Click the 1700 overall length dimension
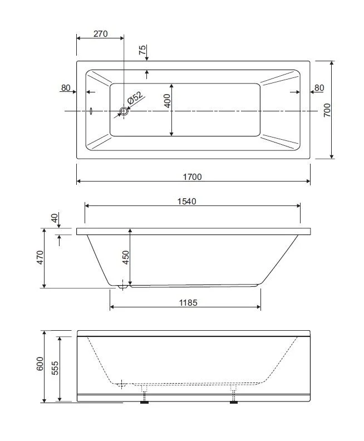[x=192, y=177]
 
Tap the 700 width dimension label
[x=327, y=110]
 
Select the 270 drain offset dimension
[x=100, y=34]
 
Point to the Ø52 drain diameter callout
[x=135, y=97]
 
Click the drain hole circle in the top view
[x=124, y=111]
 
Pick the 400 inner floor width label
[x=167, y=101]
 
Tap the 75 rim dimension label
[x=142, y=50]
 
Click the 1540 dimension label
[x=186, y=202]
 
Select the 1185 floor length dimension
[x=188, y=302]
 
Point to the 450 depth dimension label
[x=126, y=257]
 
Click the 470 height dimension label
[x=40, y=257]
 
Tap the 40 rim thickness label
[x=55, y=218]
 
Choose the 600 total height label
[x=40, y=364]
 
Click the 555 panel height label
[x=55, y=368]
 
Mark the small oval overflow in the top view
[x=91, y=111]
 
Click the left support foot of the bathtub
[x=144, y=402]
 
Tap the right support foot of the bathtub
[x=234, y=402]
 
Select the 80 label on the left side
[x=66, y=88]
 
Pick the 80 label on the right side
[x=319, y=88]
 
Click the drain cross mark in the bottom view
[x=121, y=384]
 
